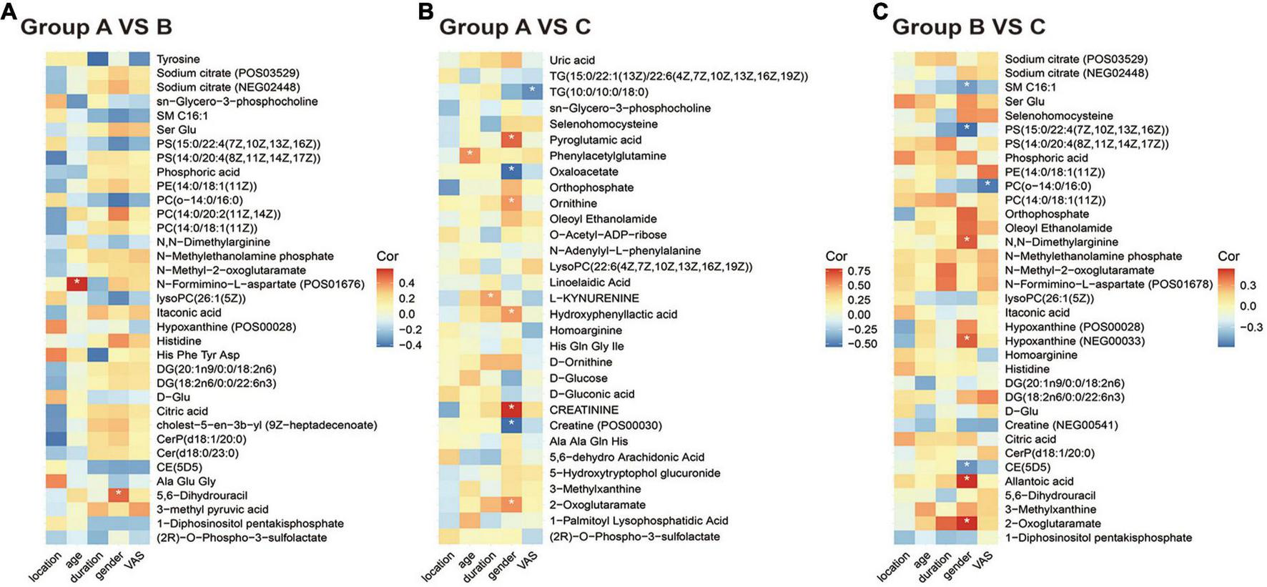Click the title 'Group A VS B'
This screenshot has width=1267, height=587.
(x=96, y=27)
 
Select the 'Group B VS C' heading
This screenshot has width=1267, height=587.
(x=968, y=27)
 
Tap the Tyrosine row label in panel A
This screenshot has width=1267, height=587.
(x=178, y=59)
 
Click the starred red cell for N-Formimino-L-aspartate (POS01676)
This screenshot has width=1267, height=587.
(x=77, y=284)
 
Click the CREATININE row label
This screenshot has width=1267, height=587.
(x=583, y=410)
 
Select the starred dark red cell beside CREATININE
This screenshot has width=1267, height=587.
(x=511, y=409)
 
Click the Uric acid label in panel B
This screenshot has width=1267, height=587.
(x=572, y=60)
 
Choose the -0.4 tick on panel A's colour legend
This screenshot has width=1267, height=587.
(x=410, y=345)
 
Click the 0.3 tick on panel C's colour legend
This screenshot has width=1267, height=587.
(x=1248, y=285)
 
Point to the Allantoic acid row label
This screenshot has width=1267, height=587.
(x=1039, y=481)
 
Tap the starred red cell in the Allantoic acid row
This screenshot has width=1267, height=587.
(x=967, y=480)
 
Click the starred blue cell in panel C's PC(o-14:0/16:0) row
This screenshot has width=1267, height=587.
(x=987, y=185)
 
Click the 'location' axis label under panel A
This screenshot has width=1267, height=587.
(x=45, y=566)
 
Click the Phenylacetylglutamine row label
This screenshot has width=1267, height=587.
(x=608, y=156)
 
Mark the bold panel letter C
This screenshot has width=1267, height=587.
(x=880, y=12)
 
